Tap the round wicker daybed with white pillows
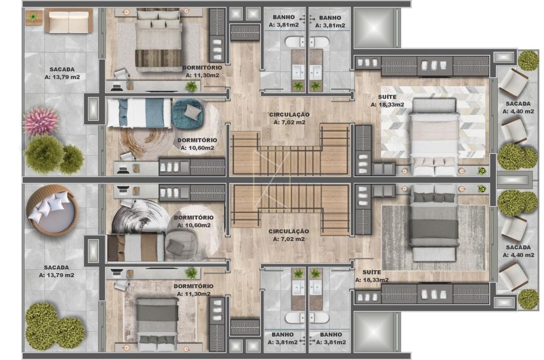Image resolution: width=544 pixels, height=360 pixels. click(x=52, y=209)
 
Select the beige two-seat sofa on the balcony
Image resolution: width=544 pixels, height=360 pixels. click(x=69, y=21)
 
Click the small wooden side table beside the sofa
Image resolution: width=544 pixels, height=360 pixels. click(x=34, y=18)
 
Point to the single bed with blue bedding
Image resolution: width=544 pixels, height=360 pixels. click(x=140, y=113)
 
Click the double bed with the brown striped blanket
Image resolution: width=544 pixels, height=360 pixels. click(x=158, y=40)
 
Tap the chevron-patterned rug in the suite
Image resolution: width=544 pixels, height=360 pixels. click(x=433, y=122)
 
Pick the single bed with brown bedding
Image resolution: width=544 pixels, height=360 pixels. click(x=136, y=247)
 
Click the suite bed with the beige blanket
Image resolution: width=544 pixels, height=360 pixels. click(x=434, y=136)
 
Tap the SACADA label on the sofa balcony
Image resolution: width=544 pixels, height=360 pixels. click(x=62, y=70)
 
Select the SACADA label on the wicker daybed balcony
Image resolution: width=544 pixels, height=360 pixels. click(x=56, y=268)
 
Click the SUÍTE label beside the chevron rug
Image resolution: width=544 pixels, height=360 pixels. click(x=387, y=97)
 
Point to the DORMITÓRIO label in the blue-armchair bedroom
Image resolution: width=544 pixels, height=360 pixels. click(x=197, y=140)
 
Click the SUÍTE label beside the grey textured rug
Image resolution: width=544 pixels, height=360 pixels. click(x=371, y=272)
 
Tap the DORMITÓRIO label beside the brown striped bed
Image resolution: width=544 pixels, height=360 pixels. click(x=202, y=67)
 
